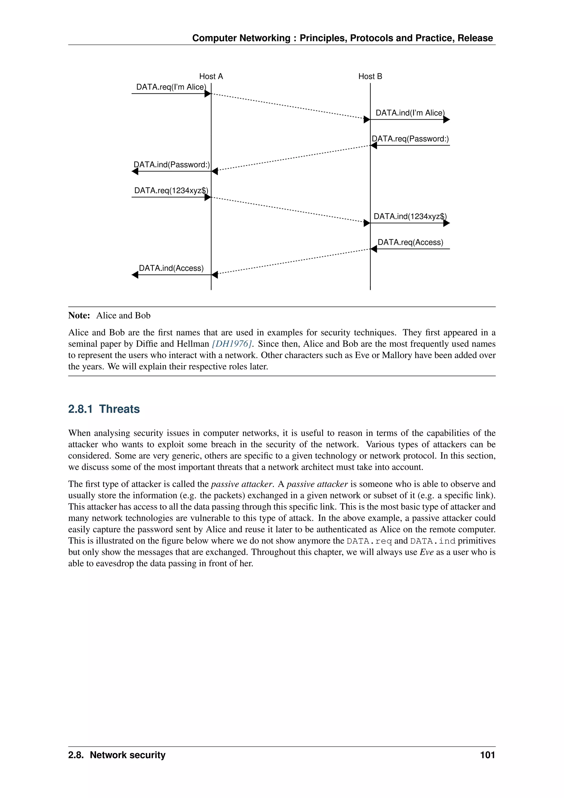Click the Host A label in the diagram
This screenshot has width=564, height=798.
tap(211, 76)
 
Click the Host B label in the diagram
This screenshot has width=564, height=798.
tap(370, 76)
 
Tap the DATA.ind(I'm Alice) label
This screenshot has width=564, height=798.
tap(410, 113)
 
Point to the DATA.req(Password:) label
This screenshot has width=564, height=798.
tap(410, 139)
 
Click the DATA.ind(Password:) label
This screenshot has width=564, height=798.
tap(172, 165)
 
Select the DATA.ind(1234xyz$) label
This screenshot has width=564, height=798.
tap(410, 217)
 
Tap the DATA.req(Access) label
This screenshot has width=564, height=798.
tap(410, 242)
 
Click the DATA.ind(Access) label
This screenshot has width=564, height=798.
tap(171, 268)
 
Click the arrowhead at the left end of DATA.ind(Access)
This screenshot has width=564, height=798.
tap(135, 275)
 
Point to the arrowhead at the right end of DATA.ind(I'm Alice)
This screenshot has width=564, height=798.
tap(447, 120)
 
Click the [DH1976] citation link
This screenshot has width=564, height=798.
tap(232, 344)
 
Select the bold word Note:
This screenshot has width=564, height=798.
tap(79, 316)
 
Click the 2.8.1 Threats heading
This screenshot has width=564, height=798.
tap(104, 409)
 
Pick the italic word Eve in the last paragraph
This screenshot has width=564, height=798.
tap(427, 552)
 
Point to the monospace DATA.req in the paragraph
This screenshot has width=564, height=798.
tap(369, 541)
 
